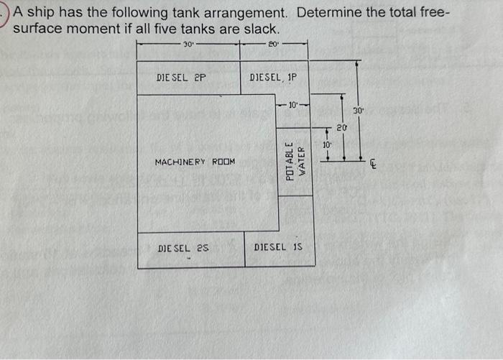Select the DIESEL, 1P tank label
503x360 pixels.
click(273, 77)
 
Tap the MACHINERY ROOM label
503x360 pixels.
click(195, 162)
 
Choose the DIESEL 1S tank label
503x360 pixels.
click(279, 247)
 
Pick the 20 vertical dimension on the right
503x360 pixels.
click(342, 128)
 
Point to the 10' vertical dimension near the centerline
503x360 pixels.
click(327, 144)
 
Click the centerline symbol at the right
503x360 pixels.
click(373, 164)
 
